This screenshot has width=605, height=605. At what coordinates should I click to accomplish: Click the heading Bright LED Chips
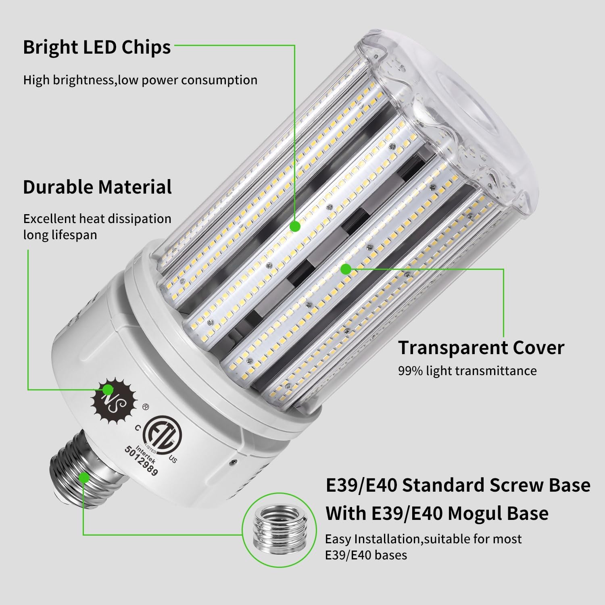(x=97, y=48)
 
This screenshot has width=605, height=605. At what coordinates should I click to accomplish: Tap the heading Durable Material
(x=97, y=187)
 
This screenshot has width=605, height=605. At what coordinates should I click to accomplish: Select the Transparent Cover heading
(x=481, y=348)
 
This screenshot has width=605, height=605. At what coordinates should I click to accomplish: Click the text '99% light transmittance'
(x=467, y=371)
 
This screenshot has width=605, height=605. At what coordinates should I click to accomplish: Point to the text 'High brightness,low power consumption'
(x=140, y=80)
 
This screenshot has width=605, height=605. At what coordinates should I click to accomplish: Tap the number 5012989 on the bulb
(x=141, y=461)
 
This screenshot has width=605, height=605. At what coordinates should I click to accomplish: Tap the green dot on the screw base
(x=84, y=478)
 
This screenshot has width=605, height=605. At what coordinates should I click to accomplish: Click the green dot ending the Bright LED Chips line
(x=295, y=226)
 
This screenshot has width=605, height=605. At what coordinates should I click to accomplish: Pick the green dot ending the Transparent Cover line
(x=345, y=269)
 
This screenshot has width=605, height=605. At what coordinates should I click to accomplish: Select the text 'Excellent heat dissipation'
(x=97, y=219)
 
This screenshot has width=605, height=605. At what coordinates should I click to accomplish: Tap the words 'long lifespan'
(x=60, y=235)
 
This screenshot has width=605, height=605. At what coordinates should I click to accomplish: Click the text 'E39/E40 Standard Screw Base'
(x=457, y=485)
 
